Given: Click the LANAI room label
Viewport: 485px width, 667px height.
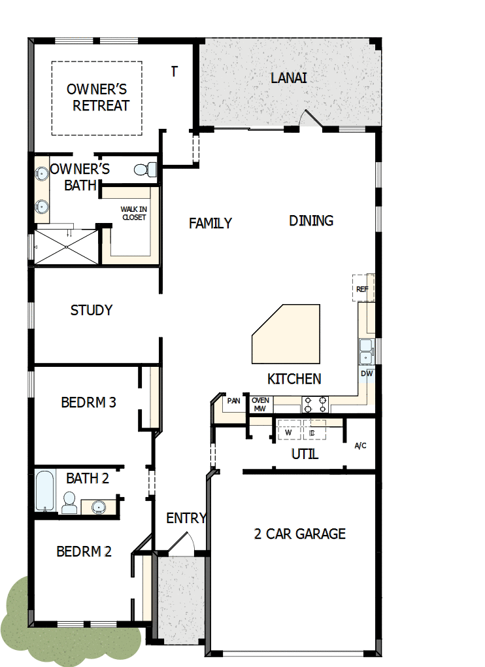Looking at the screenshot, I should pyautogui.click(x=288, y=78).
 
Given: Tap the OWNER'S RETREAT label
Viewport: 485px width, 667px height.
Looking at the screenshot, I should pyautogui.click(x=97, y=97).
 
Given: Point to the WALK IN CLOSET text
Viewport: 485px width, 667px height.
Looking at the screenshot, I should pyautogui.click(x=133, y=213).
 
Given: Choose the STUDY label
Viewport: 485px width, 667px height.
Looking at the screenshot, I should pyautogui.click(x=92, y=310).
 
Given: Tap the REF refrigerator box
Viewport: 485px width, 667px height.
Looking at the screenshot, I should pyautogui.click(x=362, y=288).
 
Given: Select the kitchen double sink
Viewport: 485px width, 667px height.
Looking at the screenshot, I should pyautogui.click(x=365, y=351).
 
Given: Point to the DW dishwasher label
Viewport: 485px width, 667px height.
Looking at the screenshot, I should pyautogui.click(x=367, y=374).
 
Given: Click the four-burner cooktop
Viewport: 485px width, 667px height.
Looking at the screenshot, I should pyautogui.click(x=315, y=404).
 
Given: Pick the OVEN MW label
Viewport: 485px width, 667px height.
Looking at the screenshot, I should pyautogui.click(x=260, y=404).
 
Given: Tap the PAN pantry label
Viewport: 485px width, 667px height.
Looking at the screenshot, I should pyautogui.click(x=233, y=401).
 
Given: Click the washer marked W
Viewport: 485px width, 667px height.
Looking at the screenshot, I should pyautogui.click(x=288, y=432).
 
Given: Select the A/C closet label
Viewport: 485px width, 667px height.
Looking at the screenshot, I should pyautogui.click(x=360, y=446).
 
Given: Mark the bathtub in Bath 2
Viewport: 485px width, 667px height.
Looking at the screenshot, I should pyautogui.click(x=44, y=490).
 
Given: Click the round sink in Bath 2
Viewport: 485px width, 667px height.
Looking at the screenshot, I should pyautogui.click(x=99, y=505).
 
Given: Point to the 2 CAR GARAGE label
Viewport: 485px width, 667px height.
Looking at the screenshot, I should pyautogui.click(x=299, y=534).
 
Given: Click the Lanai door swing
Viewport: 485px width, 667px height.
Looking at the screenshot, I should pyautogui.click(x=309, y=120).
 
